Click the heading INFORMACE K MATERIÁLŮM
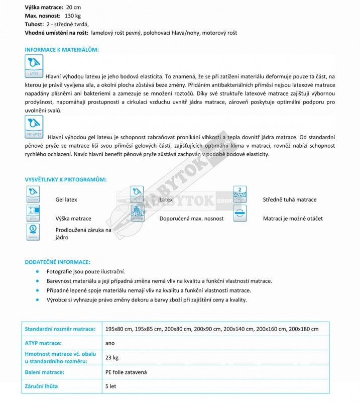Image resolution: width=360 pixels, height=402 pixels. [x=62, y=50]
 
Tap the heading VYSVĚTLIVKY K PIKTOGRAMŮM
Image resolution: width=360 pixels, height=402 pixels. [x=65, y=180]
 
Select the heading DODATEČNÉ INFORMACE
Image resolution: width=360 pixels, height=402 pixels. [x=57, y=262]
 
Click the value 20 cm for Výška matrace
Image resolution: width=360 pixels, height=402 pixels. [x=73, y=8]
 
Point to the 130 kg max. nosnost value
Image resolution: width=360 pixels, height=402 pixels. [x=73, y=16]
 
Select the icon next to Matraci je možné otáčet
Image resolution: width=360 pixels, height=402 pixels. [x=240, y=214]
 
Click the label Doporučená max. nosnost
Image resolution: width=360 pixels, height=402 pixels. [x=191, y=219]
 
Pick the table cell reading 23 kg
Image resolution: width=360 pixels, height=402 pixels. [x=111, y=358]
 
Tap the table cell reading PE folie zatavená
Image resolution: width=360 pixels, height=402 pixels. [x=126, y=372]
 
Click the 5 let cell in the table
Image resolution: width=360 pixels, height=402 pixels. [x=111, y=386]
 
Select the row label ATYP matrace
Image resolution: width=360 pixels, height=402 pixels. [x=43, y=343]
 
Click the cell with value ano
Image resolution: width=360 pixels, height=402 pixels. [x=110, y=343]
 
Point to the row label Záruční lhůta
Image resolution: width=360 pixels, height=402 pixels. [x=41, y=386]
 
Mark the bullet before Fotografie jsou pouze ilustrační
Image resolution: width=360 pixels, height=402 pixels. [x=37, y=271]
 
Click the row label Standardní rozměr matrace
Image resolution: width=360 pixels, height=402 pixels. [x=60, y=329]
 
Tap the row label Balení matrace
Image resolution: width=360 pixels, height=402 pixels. [x=44, y=372]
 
